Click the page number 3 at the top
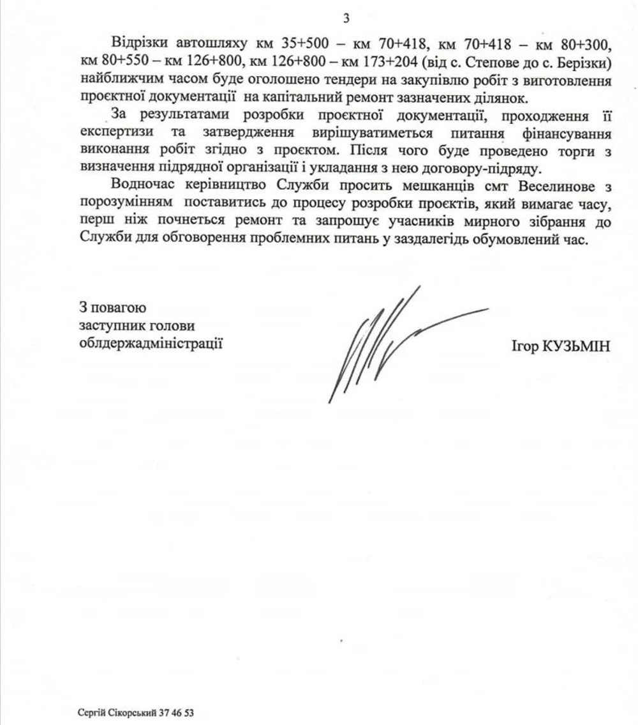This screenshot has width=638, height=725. point(346,18)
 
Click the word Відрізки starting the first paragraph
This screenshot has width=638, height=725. point(138,47)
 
